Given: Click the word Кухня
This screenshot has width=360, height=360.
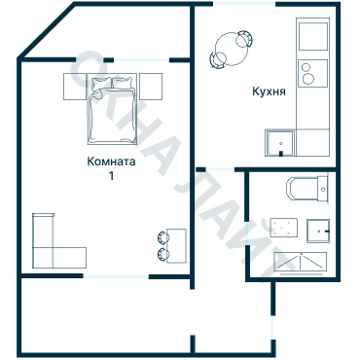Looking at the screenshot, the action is pos(269,91).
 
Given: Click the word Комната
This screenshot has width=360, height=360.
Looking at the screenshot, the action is pos(111,162).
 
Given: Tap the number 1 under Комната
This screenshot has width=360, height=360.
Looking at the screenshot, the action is pos(111,176).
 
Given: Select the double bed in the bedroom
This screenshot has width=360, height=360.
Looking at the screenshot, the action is pos(112,109).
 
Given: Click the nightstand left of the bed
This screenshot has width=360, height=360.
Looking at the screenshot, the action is pos(75,87).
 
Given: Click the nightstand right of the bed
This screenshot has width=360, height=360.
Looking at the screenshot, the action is pos(151,87).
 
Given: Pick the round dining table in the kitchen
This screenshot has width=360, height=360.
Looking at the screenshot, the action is pos(233,49).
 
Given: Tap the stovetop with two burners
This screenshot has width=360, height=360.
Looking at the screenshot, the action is pos(313,73).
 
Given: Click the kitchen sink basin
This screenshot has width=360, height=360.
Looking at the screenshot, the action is pos(280,143).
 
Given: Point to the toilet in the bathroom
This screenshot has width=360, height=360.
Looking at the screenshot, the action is pos(307,188).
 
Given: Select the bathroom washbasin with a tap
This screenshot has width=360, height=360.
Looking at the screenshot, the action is pos(318,231).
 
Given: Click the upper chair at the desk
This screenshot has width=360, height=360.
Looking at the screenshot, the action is pos(162,236).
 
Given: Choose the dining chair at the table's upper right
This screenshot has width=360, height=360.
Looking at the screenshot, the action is pos(244,39).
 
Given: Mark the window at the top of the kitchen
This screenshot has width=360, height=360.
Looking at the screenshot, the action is pos(244,4).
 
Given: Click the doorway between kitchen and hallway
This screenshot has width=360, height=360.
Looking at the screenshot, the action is pos(220,169).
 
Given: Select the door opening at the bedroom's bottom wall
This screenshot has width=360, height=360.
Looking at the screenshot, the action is pos(116,276).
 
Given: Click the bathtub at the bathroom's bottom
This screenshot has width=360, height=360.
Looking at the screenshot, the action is pos(301,262).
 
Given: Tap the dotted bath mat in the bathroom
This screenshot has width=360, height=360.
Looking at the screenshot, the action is pos(284,228).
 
